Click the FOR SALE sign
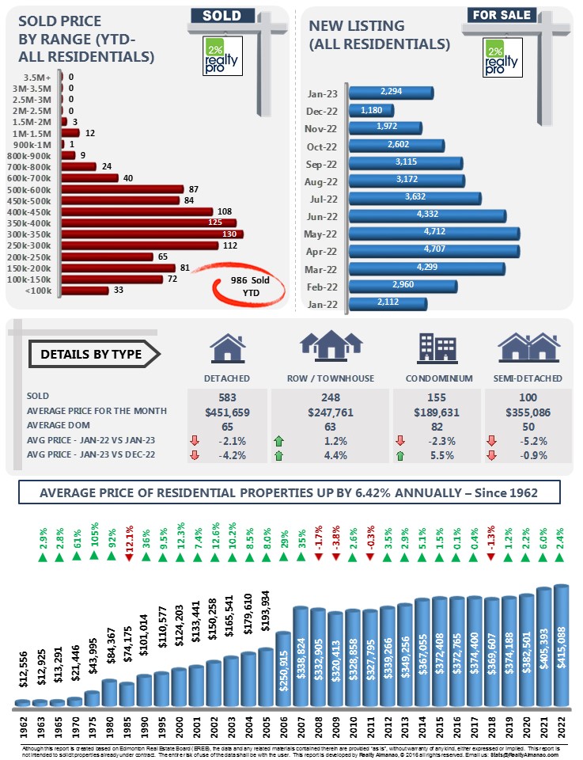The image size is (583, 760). [502, 15]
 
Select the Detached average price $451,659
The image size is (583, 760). [227, 411]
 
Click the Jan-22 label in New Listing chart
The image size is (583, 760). [321, 304]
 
